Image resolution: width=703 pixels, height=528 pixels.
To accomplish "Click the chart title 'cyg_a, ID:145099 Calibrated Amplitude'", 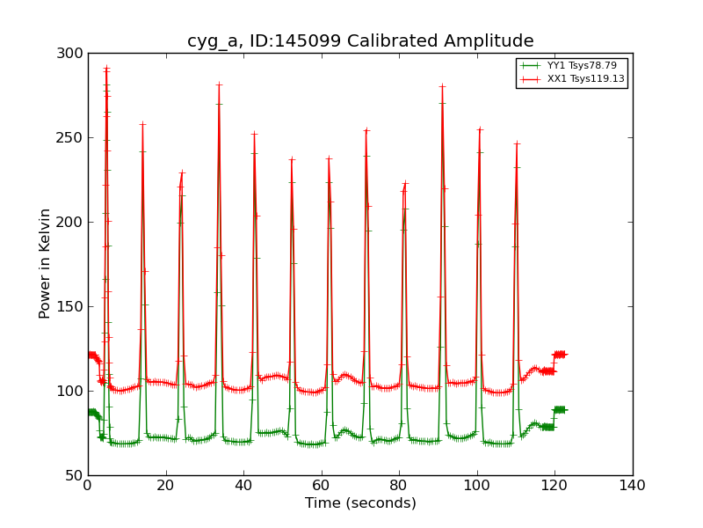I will point(360,41).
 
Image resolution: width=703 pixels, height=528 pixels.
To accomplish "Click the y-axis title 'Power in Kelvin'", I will point(45,263).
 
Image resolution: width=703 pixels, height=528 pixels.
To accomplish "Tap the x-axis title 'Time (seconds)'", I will point(360,503).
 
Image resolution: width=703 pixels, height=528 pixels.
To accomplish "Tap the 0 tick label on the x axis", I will point(88,485).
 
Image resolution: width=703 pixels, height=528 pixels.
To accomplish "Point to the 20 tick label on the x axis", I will point(166,485).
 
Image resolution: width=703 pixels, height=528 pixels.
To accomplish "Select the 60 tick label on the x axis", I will point(322,485).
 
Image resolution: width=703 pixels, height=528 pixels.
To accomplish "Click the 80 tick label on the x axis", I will point(399,485).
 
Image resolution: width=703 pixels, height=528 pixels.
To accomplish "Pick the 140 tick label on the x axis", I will point(633,485).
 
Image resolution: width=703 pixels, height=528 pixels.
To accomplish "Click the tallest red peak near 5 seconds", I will point(106,68).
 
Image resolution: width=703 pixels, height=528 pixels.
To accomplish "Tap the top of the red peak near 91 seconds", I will point(442,86).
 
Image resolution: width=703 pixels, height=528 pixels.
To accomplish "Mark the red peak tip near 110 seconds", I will point(517,143).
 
